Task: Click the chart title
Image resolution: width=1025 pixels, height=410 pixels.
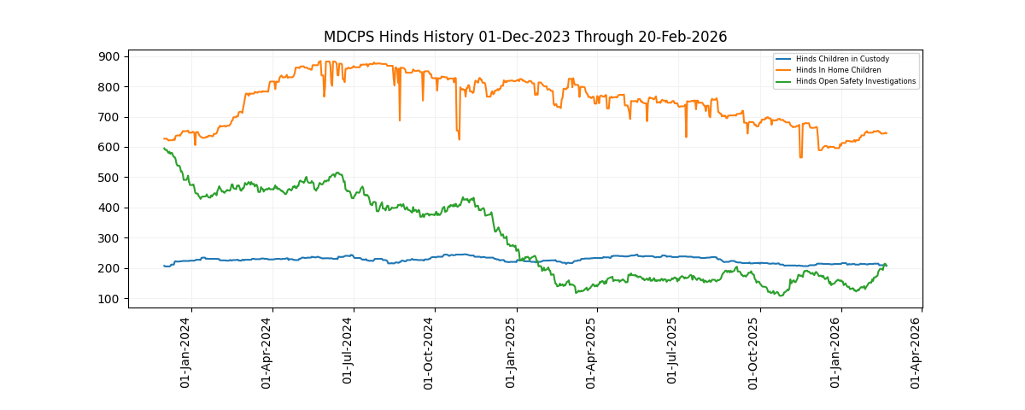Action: [x=524, y=37]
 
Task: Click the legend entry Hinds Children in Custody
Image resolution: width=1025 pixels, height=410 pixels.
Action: [x=842, y=59]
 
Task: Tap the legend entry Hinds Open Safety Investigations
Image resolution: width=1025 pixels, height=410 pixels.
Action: [x=855, y=81]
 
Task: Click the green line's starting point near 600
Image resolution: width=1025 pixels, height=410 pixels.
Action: [x=164, y=149]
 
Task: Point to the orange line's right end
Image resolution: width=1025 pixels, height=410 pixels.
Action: [x=887, y=133]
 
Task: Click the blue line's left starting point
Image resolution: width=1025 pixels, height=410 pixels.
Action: [x=164, y=266]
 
